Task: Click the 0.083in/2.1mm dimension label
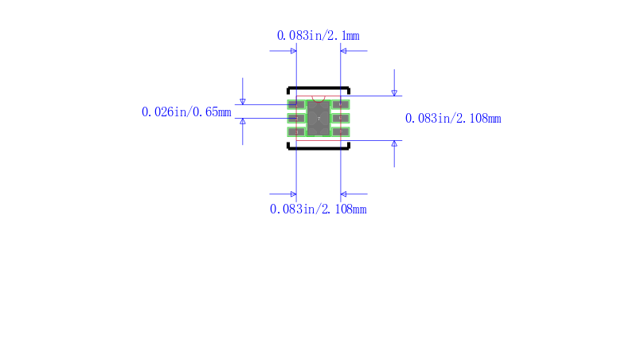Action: (318, 36)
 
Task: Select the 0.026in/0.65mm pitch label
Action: (186, 112)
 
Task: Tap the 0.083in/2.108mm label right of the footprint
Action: (453, 118)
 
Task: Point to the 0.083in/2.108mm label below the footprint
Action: (318, 209)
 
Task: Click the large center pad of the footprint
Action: (318, 118)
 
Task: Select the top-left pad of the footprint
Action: (296, 105)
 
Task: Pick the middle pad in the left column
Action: (296, 118)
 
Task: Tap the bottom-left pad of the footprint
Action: (296, 131)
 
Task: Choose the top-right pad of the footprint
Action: (341, 105)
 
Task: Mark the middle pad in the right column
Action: (341, 118)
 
